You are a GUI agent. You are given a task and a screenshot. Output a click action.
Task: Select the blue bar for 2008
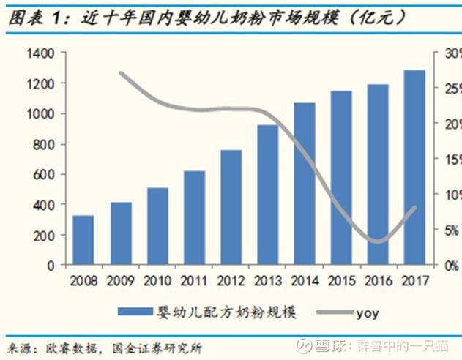[x=83, y=241]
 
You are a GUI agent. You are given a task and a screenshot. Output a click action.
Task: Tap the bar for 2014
[x=305, y=184]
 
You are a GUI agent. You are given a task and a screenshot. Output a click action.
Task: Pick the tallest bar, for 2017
[x=415, y=168]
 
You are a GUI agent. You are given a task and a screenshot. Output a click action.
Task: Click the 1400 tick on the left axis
[x=40, y=53]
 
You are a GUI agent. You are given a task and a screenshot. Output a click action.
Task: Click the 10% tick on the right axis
[x=451, y=195]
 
